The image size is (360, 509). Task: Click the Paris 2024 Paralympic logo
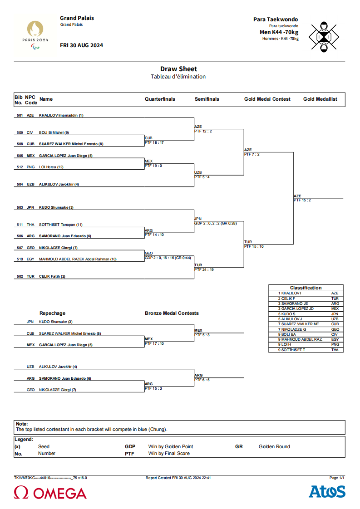click(x=35, y=35)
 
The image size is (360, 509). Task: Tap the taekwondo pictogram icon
click(x=324, y=37)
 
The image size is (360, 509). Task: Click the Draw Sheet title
click(x=178, y=69)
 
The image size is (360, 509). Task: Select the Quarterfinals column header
click(x=160, y=99)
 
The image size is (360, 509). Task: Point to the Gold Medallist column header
click(x=320, y=99)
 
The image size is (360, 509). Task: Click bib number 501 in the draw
click(x=20, y=115)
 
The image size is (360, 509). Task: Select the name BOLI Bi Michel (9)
click(x=54, y=132)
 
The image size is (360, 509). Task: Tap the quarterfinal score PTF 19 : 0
click(x=153, y=166)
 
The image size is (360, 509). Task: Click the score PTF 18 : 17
click(x=154, y=142)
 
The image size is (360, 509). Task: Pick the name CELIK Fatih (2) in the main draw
click(x=52, y=276)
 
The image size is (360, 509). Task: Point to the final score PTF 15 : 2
click(x=302, y=201)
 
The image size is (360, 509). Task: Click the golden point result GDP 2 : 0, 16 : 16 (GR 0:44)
click(x=168, y=258)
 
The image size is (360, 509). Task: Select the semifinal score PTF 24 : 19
click(x=204, y=269)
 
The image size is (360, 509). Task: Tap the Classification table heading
click(x=306, y=288)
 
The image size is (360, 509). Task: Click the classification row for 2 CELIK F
click(x=306, y=299)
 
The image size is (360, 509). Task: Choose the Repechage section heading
click(x=52, y=313)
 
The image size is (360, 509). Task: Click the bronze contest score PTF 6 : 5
click(x=202, y=380)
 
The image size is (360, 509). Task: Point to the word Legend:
click(x=24, y=440)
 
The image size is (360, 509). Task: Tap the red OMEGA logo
click(x=50, y=493)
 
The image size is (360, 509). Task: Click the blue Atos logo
click(x=327, y=491)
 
